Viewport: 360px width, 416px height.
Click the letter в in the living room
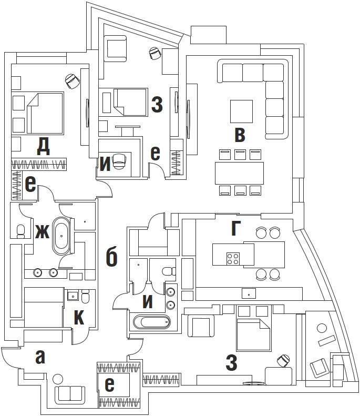[239, 135]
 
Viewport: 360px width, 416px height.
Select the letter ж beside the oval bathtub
[42, 231]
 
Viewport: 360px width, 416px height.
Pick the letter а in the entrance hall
[40, 357]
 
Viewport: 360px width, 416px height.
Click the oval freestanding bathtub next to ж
[62, 236]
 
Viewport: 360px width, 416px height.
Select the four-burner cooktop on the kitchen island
[233, 258]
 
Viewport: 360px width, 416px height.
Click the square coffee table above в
[241, 111]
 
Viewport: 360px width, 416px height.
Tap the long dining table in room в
[239, 173]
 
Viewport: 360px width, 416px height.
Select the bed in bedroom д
[44, 113]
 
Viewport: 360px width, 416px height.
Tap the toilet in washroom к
[87, 298]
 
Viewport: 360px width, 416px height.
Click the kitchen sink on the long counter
[249, 292]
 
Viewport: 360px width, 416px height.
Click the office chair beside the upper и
[120, 161]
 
